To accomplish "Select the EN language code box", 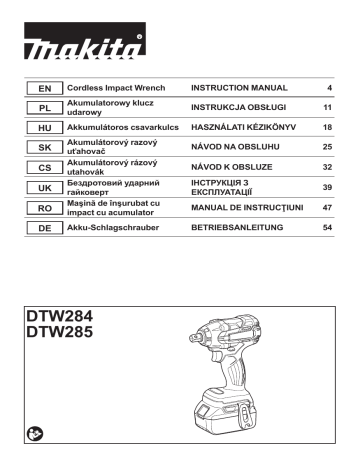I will click(42, 89).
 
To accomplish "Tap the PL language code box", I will click(42, 108).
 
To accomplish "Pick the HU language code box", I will click(42, 128).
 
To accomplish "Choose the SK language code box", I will click(42, 147).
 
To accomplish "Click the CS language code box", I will click(42, 167).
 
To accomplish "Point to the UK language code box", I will click(42, 187).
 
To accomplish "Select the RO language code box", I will click(42, 207).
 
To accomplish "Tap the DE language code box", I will click(42, 227).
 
